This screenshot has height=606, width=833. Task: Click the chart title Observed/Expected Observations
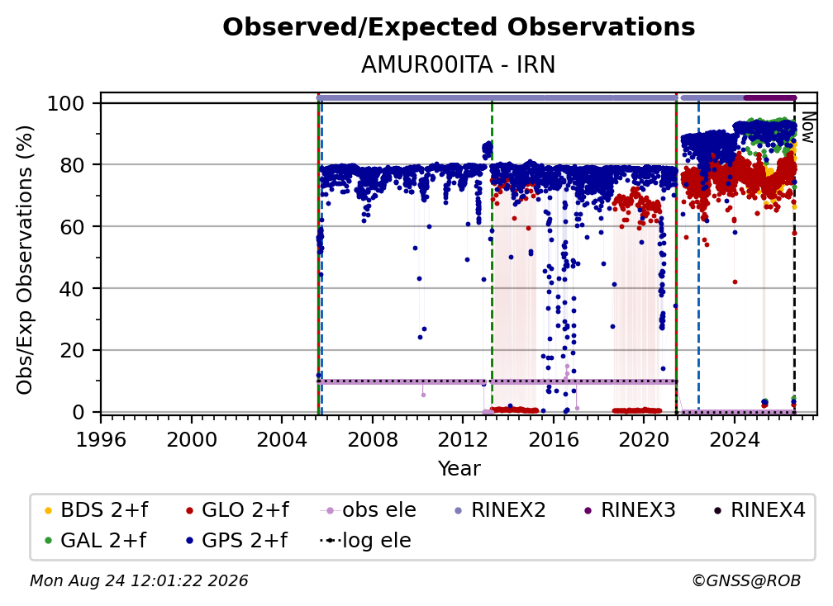pos(459,27)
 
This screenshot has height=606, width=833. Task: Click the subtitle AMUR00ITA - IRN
pos(458,65)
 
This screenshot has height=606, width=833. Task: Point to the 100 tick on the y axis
pos(66,103)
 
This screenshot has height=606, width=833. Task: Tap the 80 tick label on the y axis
pos(72,165)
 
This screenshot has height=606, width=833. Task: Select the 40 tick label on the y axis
pos(72,289)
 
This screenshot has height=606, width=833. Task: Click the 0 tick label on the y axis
pos(79,412)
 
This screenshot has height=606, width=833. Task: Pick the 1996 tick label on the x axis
pos(101,440)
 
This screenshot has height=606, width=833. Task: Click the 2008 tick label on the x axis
pos(373,440)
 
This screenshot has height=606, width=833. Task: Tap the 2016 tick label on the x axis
pos(554,440)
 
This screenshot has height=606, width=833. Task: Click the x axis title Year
pos(459,469)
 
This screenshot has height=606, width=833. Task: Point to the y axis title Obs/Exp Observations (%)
pos(25,260)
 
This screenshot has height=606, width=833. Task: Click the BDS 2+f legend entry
pos(96,510)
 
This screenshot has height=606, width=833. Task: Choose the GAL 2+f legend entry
pos(96,541)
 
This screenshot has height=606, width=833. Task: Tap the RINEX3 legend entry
pos(630,510)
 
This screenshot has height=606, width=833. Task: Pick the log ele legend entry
pos(365,541)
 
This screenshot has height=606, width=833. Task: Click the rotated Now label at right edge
pos(807,127)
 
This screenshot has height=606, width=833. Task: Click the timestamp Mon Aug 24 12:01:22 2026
pos(139,581)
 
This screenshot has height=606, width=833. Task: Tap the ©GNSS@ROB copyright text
pos(746,581)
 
